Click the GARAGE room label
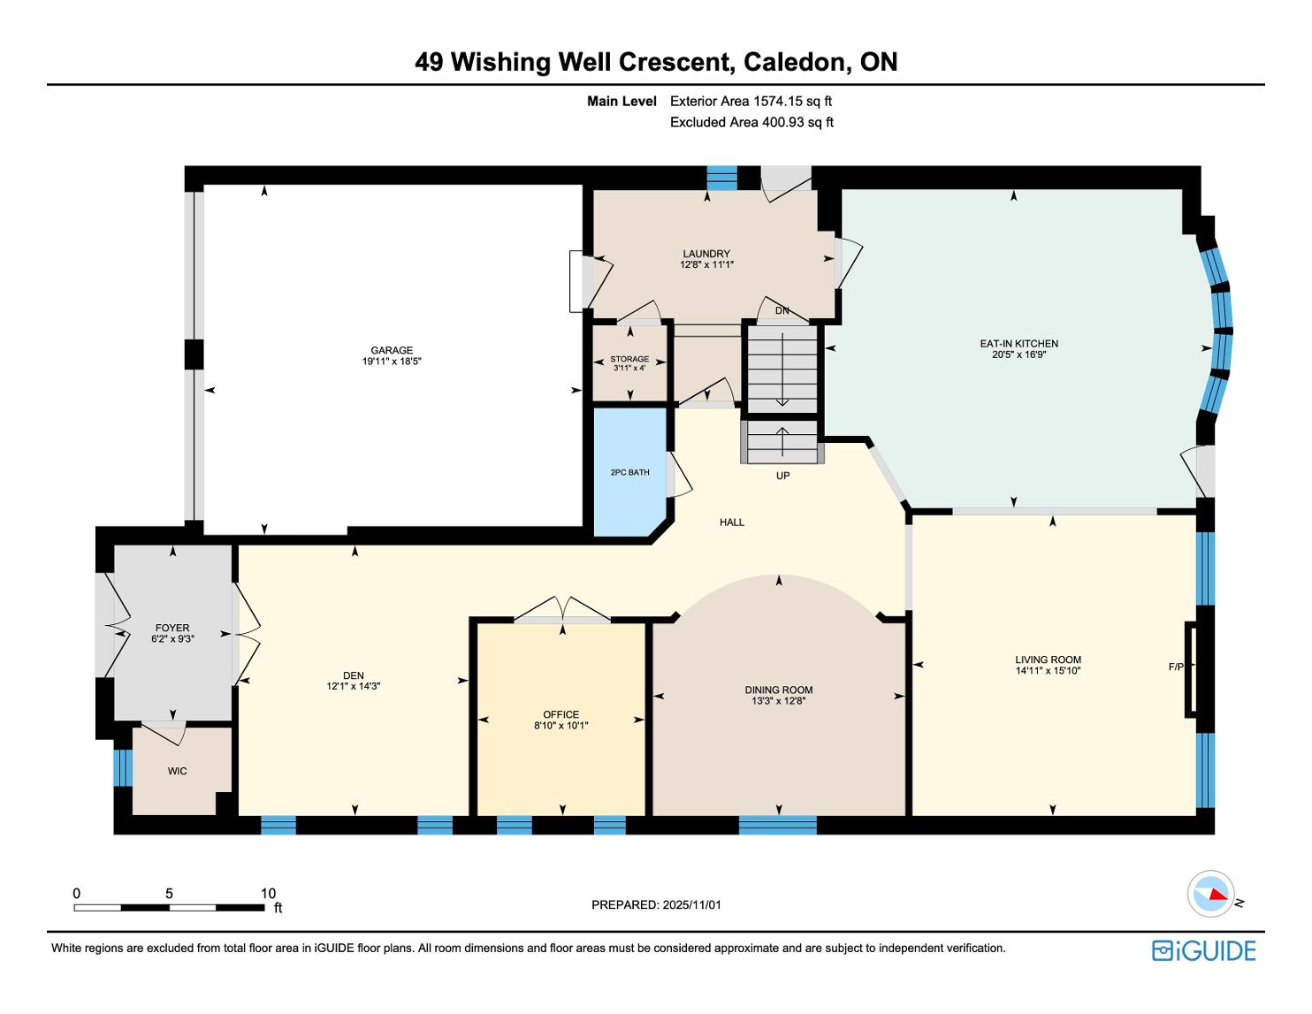(392, 350)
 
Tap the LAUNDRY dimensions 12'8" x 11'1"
(706, 264)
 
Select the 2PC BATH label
(629, 472)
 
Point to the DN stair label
(782, 311)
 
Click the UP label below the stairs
(782, 476)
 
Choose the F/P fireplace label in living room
(1176, 667)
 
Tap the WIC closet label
(177, 772)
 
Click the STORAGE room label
(629, 359)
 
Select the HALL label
(732, 522)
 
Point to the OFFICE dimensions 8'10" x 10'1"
(561, 726)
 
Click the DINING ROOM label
(778, 690)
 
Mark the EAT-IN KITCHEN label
(1018, 343)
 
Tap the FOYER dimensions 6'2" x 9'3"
(172, 638)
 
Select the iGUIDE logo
(1204, 950)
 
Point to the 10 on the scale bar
(268, 893)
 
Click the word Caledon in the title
(793, 62)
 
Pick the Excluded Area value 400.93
(782, 122)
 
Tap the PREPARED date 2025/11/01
(692, 904)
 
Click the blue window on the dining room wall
(778, 825)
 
